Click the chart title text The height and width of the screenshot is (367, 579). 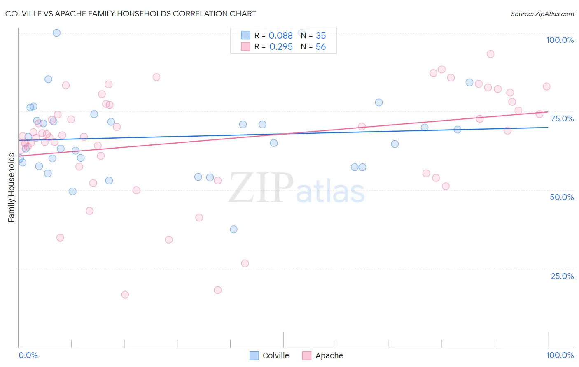coord(131,14)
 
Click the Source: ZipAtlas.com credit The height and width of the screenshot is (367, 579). coord(542,14)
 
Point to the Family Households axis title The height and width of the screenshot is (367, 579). coord(11,188)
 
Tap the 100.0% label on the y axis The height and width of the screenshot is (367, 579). coord(560,40)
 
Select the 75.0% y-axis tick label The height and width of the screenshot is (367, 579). coord(562,118)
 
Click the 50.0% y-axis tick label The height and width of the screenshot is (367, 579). coord(562,197)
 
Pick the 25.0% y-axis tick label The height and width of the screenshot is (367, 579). coord(562,276)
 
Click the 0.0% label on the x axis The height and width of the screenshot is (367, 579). coord(28,355)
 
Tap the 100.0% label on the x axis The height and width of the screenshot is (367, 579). coord(560,355)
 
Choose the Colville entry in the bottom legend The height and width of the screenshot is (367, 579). coord(270,355)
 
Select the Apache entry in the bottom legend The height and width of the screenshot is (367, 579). coord(323,355)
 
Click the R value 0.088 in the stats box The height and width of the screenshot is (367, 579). coord(280,36)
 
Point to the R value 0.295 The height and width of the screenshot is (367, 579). coord(281,47)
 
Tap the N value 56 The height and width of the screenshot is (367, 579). coord(320,47)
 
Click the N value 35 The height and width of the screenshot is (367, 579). coord(320,36)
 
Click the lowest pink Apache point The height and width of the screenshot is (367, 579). coord(125,295)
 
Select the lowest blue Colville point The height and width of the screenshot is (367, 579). coord(233,230)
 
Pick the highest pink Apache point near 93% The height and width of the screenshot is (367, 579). coord(490,54)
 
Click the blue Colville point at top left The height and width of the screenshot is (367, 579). coord(57,33)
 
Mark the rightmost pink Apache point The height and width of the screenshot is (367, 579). coord(546,86)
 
